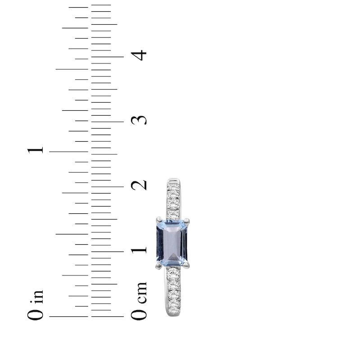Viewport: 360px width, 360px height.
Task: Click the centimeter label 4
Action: (140, 55)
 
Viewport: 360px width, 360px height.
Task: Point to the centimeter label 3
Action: (139, 120)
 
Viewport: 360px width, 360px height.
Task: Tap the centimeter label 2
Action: (139, 184)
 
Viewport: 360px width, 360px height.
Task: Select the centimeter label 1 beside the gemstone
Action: (139, 250)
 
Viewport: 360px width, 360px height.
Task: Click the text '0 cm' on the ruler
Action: (139, 301)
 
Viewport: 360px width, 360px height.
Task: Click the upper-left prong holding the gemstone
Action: (159, 220)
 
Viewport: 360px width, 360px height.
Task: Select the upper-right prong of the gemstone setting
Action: (187, 220)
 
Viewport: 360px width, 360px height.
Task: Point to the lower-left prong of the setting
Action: (159, 266)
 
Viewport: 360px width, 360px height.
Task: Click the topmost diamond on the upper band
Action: (173, 186)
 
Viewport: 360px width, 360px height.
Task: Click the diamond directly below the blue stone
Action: (173, 273)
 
